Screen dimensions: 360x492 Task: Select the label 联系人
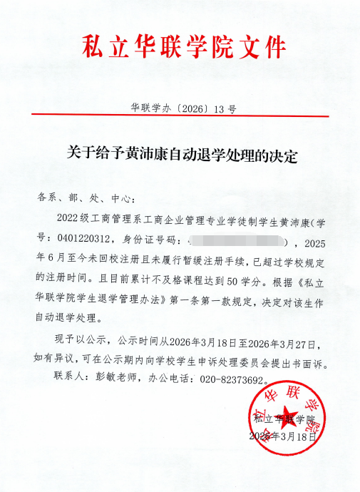click(x=70, y=379)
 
